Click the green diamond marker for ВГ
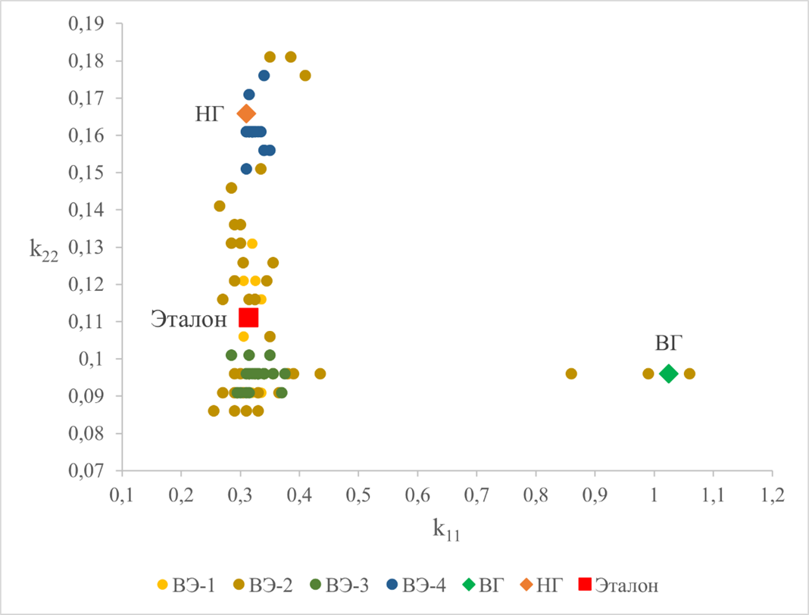click(x=668, y=373)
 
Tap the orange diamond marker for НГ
click(x=246, y=114)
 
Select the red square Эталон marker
click(x=248, y=317)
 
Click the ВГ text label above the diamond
click(x=668, y=344)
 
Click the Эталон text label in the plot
click(x=189, y=319)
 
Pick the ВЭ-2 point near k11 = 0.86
click(x=571, y=373)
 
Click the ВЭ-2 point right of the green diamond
click(x=689, y=373)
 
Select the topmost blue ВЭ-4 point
click(x=264, y=75)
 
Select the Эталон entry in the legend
click(x=617, y=585)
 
